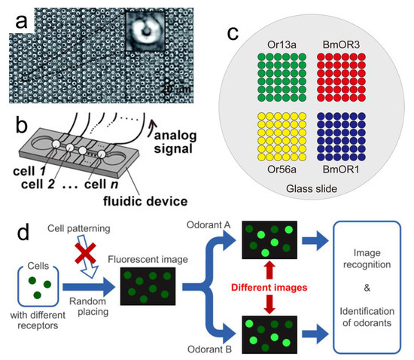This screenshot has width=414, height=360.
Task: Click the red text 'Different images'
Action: [x=262, y=287]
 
